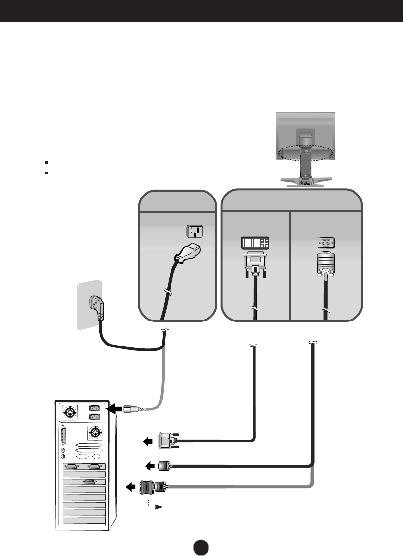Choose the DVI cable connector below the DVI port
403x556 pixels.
click(254, 264)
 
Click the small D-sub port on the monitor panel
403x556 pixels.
click(326, 243)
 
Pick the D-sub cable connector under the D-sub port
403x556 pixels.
click(326, 266)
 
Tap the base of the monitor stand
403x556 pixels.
click(305, 181)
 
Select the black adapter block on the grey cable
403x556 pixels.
click(147, 487)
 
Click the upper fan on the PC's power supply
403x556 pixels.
click(71, 412)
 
